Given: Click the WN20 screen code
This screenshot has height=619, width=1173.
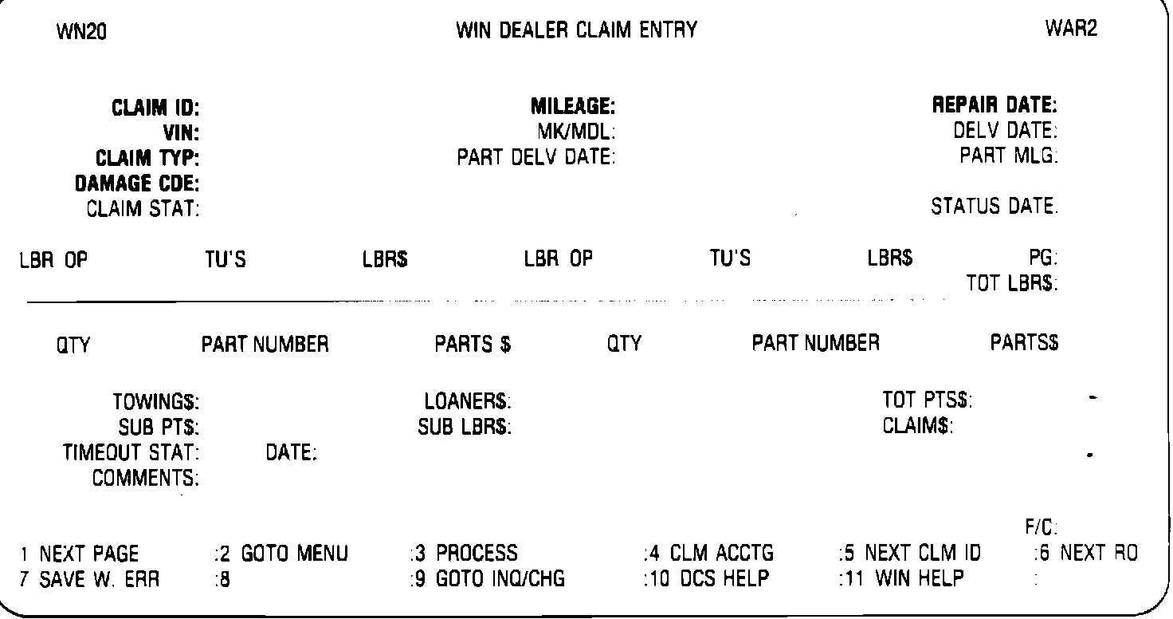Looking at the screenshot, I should pyautogui.click(x=83, y=33).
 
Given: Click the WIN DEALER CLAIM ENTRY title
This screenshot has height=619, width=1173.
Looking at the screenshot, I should pyautogui.click(x=576, y=31).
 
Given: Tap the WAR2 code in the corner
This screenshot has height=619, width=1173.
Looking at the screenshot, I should pyautogui.click(x=1071, y=30).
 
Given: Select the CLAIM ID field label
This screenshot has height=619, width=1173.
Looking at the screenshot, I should pyautogui.click(x=155, y=107).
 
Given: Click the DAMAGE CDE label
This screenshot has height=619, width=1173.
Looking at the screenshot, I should pyautogui.click(x=136, y=183).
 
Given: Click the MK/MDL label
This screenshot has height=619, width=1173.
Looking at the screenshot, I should pyautogui.click(x=577, y=132).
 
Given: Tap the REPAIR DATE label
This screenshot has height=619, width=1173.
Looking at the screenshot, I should pyautogui.click(x=995, y=105).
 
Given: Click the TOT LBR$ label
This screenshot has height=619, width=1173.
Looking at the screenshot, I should pyautogui.click(x=1012, y=283).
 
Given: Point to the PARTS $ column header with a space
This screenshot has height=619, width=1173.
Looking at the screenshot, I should pyautogui.click(x=473, y=345).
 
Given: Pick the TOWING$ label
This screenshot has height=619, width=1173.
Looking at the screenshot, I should pyautogui.click(x=156, y=401).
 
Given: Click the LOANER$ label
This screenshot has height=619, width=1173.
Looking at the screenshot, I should pyautogui.click(x=468, y=401).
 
